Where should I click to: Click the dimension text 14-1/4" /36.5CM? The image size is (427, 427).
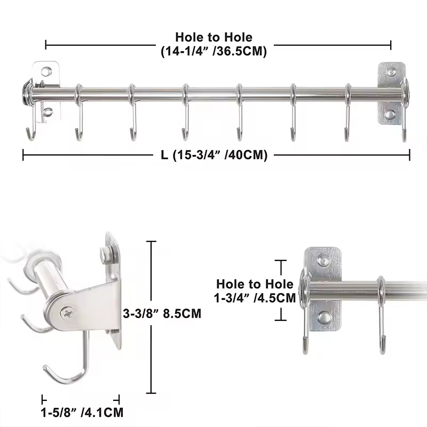tap(213, 52)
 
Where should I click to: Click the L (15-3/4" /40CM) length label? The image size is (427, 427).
tap(213, 155)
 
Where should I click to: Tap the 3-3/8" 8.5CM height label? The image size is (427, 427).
tap(162, 314)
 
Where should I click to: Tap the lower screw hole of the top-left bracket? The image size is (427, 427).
tap(48, 112)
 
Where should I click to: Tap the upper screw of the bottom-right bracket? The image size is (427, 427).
tap(323, 260)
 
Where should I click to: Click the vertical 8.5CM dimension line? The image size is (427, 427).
tap(153, 315)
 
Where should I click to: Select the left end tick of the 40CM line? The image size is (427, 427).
tap(23, 155)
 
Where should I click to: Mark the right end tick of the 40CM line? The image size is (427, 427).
tap(409, 155)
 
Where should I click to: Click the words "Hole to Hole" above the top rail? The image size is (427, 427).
tap(213, 37)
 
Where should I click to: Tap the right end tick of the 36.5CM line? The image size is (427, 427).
tap(391, 45)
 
